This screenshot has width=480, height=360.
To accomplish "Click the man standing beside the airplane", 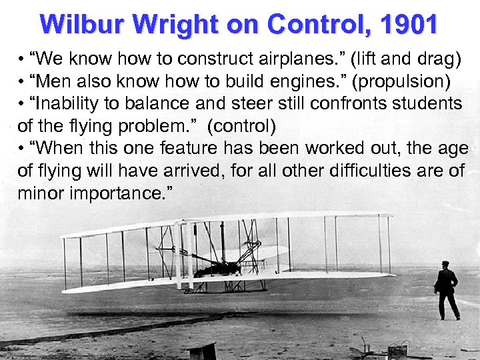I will coord(446,290).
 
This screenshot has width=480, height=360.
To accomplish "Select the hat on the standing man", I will coord(445,264).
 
